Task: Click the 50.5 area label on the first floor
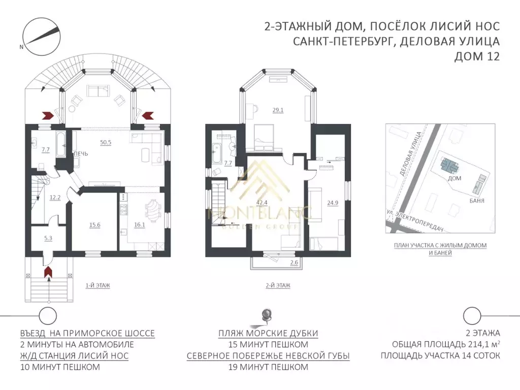pos(106,142)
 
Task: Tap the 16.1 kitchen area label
pos(140,224)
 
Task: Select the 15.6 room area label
pos(94,225)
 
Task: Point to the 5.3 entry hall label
pos(48,238)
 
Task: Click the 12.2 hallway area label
pos(55,198)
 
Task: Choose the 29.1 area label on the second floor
pos(278,110)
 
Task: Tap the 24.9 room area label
pos(333,203)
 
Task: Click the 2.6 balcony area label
pos(294,263)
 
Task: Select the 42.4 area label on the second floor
pos(262,203)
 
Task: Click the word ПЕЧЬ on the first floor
pos(81,154)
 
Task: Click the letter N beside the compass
pos(21,47)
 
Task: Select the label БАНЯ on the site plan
pos(477,201)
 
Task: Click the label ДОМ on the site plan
pos(454,178)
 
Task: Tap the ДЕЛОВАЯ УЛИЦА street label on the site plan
pos(411,154)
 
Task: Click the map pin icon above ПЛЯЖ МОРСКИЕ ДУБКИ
pos(266,315)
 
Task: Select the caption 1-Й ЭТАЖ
pos(97,285)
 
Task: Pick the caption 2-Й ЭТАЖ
pos(278,285)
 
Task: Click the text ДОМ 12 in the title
pos(477,56)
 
